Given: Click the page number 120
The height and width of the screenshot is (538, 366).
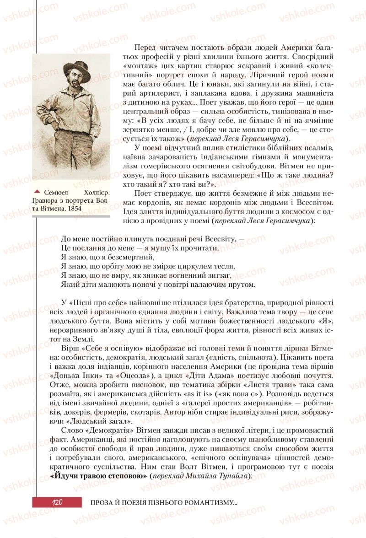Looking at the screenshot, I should coord(57,502).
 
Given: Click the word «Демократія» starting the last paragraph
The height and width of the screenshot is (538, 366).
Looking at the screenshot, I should coord(106,430).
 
